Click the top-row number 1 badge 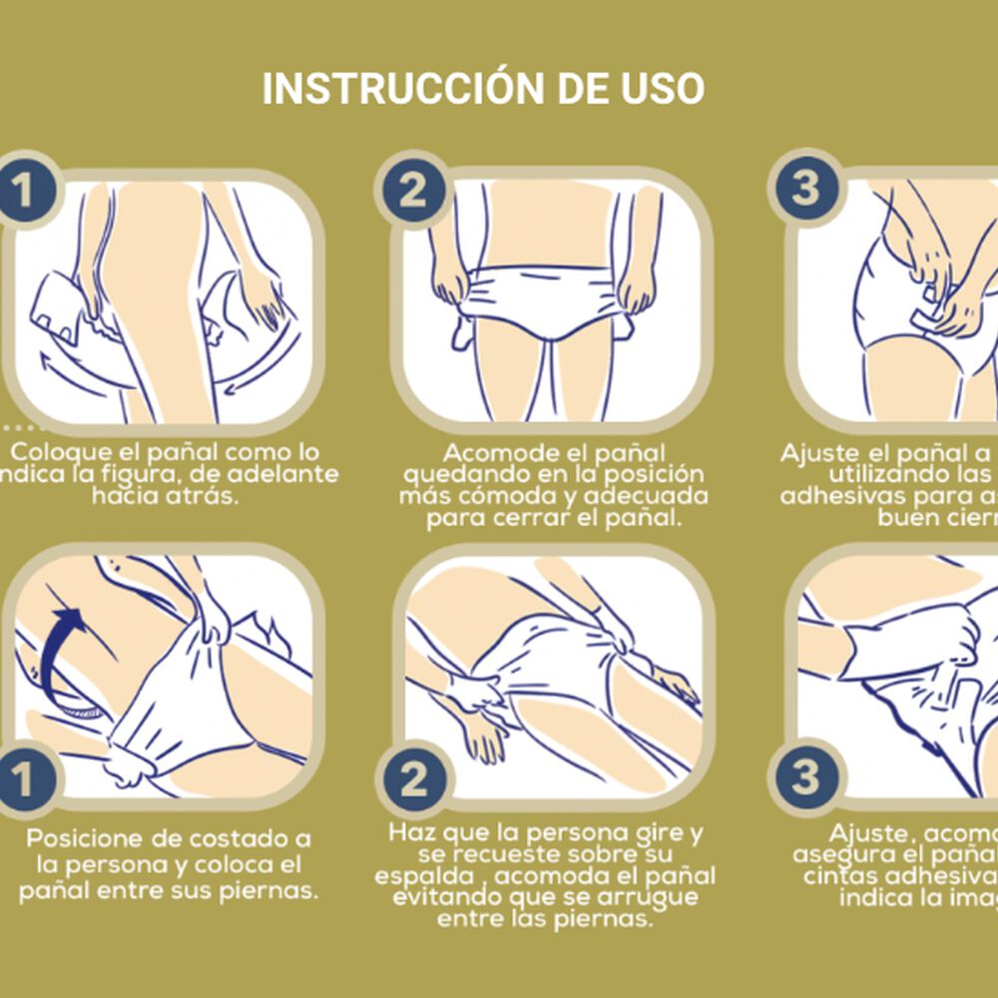pos(22,191)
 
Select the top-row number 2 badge pos(412,191)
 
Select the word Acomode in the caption pos(492,452)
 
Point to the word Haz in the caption pos(412,832)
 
